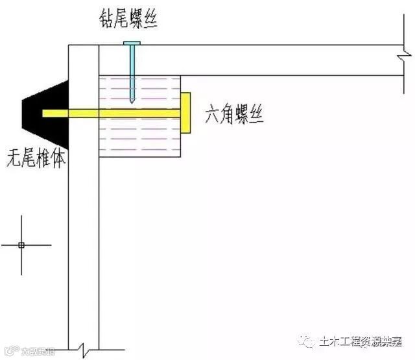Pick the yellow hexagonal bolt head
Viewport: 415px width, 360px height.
tap(186, 113)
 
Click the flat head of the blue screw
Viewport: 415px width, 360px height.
tap(132, 43)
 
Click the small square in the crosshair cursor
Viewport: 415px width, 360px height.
tap(21, 245)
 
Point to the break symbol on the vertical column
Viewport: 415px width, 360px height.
tap(84, 351)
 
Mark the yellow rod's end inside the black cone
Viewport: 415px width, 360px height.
tap(45, 113)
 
